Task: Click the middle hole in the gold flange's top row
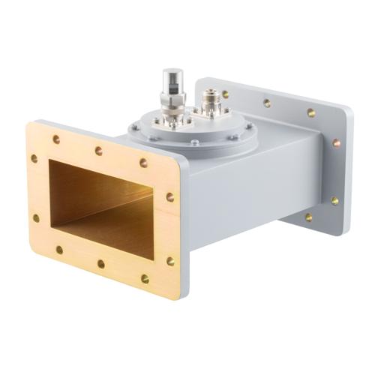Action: coord(98,151)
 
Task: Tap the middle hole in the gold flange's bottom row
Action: coord(100,264)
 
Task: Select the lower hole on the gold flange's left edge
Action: coord(36,218)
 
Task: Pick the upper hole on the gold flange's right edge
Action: coord(170,197)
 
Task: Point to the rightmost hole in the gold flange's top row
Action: coord(143,163)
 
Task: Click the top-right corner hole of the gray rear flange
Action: coord(310,112)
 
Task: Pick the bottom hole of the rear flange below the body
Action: coord(308,217)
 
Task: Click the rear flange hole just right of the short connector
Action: coord(267,103)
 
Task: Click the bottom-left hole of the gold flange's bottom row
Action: coord(59,250)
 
